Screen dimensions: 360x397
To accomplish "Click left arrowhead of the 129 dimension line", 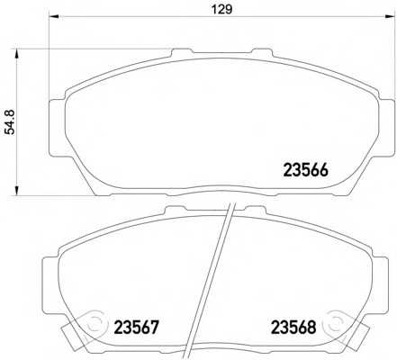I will (x=52, y=18).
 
